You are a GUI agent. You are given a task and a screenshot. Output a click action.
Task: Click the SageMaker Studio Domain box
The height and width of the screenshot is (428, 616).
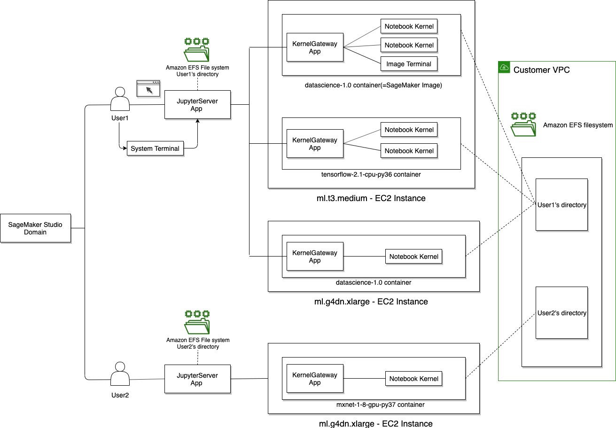35,228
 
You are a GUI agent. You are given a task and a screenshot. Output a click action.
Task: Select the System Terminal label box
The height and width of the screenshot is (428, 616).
155,148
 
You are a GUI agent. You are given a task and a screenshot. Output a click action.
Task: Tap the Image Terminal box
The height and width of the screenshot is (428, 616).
409,64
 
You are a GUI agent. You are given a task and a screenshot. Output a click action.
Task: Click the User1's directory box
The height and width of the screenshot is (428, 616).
561,205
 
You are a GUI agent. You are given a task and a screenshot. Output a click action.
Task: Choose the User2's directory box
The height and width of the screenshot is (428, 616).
561,313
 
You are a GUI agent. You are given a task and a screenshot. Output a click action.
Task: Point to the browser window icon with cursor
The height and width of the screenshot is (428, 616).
148,88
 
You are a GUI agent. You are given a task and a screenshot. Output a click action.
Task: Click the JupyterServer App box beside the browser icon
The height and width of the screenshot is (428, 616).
197,105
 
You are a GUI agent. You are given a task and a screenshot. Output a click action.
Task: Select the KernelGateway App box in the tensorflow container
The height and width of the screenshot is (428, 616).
315,144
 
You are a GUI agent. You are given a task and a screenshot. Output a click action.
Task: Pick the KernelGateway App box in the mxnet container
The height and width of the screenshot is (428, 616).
315,379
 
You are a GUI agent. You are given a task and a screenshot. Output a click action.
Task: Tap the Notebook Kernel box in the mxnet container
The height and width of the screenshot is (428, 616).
413,379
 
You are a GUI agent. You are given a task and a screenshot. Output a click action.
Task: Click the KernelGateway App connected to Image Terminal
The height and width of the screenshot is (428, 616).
315,47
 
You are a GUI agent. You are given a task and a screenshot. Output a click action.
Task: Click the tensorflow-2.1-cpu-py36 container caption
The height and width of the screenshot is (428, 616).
371,174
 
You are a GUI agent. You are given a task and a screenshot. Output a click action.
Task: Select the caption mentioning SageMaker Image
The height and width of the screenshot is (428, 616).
373,85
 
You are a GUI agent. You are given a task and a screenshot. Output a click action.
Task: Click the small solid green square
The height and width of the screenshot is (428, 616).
504,67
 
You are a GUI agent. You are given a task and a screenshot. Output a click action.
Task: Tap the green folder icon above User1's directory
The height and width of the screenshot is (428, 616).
523,125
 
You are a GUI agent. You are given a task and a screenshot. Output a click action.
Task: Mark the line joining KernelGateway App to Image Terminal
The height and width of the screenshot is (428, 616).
362,55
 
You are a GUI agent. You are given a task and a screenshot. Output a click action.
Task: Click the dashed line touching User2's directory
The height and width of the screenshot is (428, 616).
529,319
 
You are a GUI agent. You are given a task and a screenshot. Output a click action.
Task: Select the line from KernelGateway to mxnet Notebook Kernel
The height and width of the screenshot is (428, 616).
364,379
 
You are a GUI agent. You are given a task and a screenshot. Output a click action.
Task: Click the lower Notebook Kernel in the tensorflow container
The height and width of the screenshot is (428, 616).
409,151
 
